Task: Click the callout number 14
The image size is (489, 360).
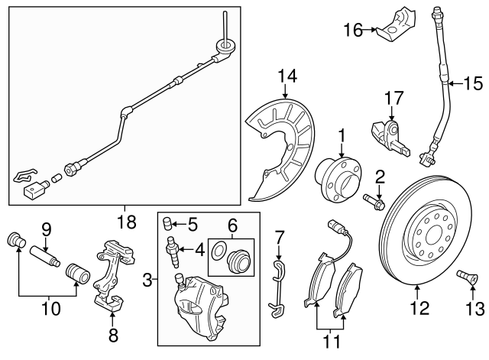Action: [x=286, y=75]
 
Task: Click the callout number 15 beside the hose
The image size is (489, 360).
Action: [x=474, y=83]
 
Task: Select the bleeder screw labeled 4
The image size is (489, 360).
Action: [x=173, y=250]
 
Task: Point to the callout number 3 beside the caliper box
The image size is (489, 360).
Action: [x=147, y=282]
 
